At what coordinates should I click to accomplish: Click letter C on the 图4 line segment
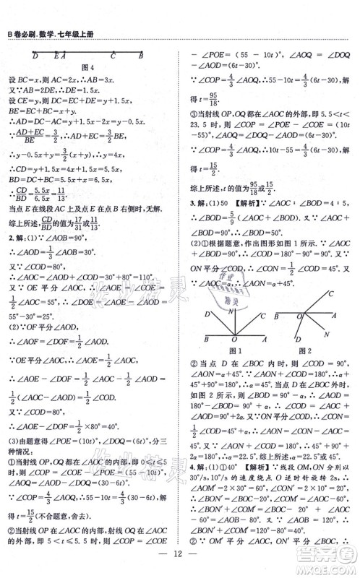click(x=113, y=54)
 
